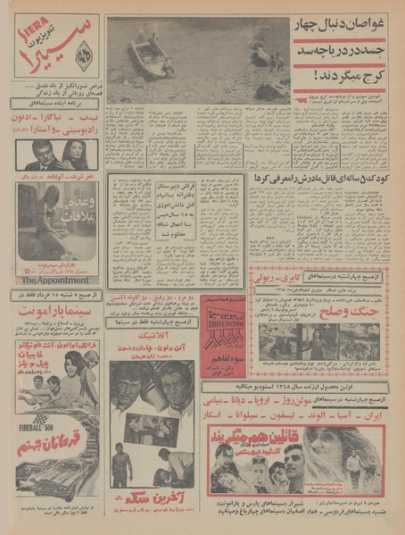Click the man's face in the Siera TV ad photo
(38, 154)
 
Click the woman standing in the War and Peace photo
(318, 342)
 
